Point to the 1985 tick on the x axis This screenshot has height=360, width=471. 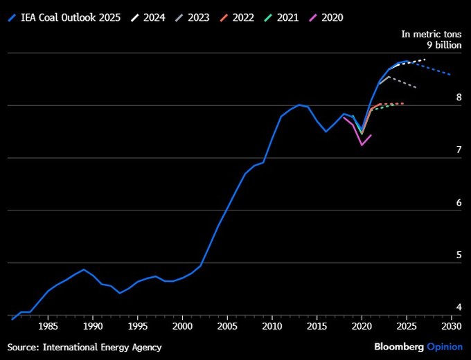click(48, 326)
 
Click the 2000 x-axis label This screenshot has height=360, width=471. click(182, 326)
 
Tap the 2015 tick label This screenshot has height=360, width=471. click(317, 326)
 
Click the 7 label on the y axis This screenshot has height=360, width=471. click(459, 150)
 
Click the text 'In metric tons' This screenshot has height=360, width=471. click(432, 34)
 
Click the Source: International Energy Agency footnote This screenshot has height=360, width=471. click(85, 346)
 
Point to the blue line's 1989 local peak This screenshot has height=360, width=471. click(84, 269)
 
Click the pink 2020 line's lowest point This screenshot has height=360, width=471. click(362, 145)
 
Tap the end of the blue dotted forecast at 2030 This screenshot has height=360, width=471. click(451, 75)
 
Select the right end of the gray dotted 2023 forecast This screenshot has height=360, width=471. click(416, 87)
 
